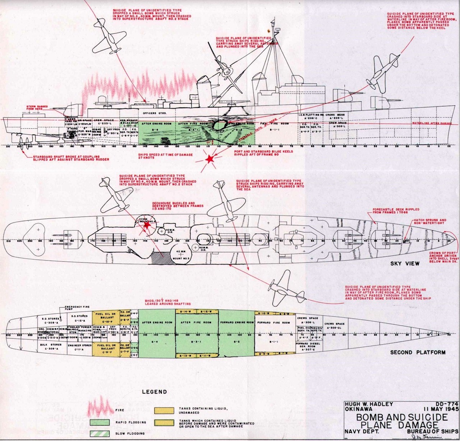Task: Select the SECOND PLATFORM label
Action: (418, 352)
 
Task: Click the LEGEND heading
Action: (154, 392)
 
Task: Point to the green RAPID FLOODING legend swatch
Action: (100, 422)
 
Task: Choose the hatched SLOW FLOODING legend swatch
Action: (100, 433)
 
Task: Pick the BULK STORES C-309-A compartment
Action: (47, 346)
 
